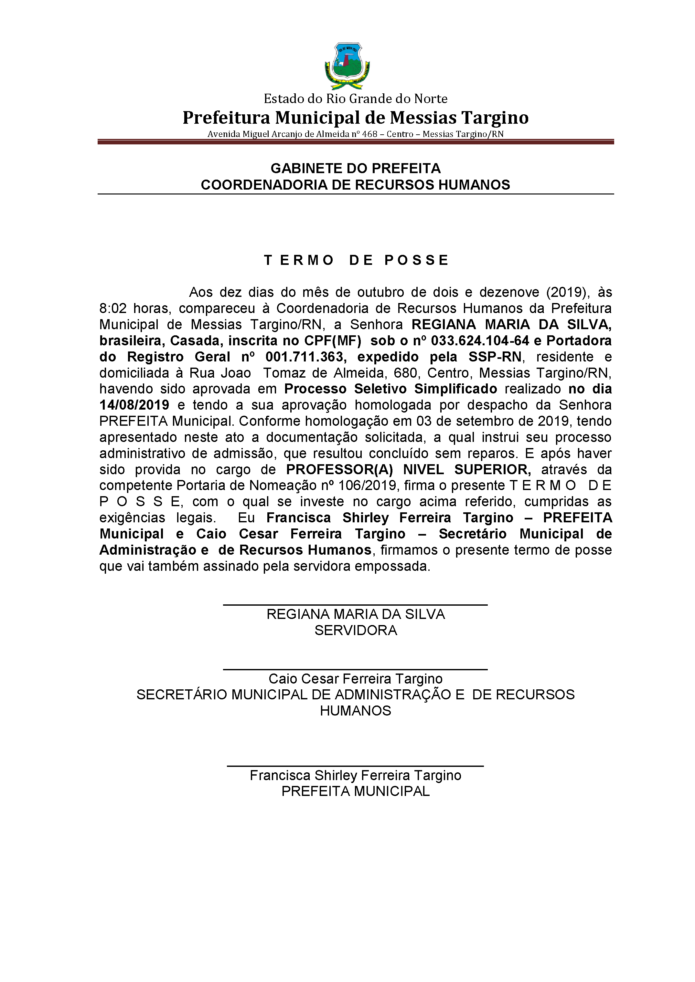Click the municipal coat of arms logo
click(347, 65)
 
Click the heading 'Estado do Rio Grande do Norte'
click(355, 99)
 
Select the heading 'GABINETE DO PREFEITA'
click(355, 168)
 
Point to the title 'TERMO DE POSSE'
click(356, 260)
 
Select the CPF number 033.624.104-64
click(480, 341)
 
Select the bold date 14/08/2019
click(134, 405)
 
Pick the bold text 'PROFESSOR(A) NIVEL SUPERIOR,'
click(408, 470)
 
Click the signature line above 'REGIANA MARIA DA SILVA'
click(355, 605)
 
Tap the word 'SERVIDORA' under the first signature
click(355, 631)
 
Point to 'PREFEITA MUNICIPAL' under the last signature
click(355, 792)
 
